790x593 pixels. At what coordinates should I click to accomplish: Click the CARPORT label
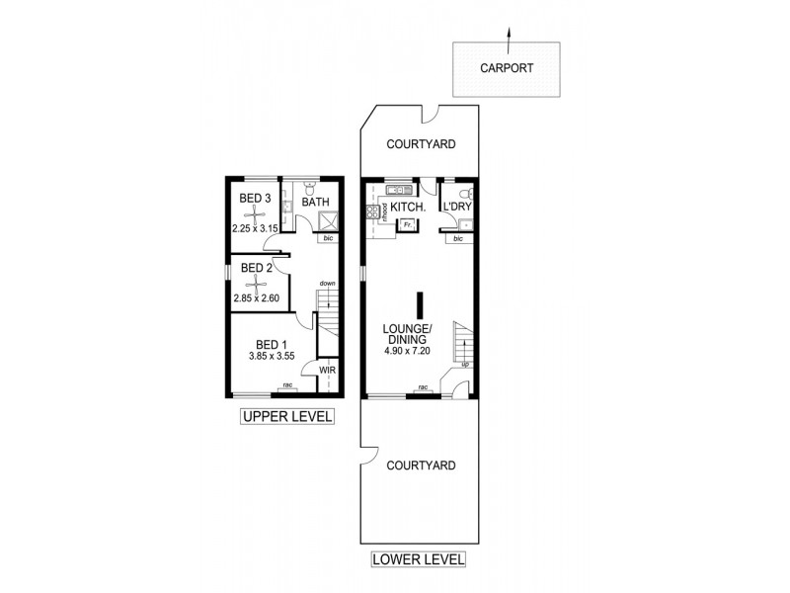click(x=507, y=69)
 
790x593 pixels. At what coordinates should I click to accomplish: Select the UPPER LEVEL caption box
click(x=287, y=416)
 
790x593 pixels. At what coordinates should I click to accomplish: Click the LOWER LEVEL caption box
click(x=418, y=559)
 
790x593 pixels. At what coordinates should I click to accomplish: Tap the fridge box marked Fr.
click(x=406, y=225)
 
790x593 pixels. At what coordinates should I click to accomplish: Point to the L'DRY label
click(x=457, y=207)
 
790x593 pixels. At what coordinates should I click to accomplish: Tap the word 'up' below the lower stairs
click(x=465, y=364)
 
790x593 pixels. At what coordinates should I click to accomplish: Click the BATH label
click(x=315, y=202)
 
